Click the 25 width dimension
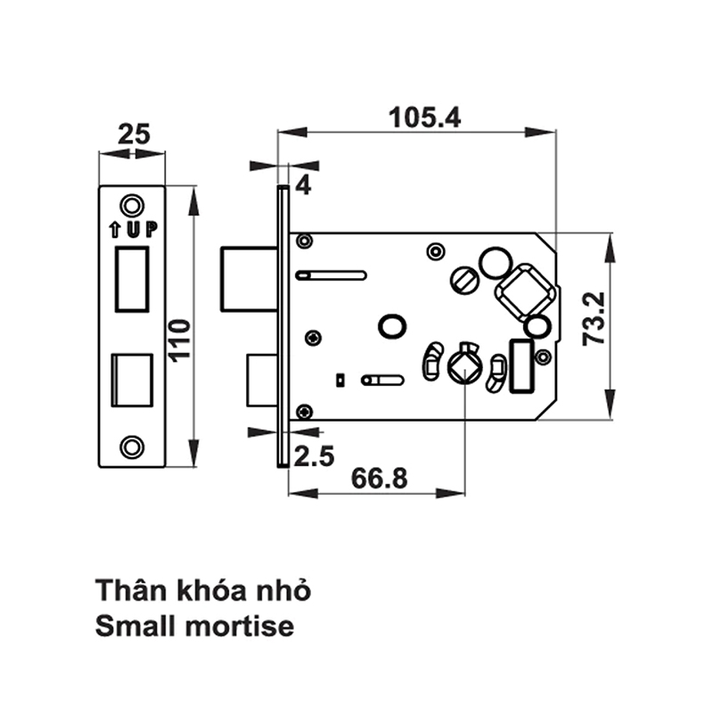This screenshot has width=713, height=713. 133,135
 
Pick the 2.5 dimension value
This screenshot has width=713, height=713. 313,457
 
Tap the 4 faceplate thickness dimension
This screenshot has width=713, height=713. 303,186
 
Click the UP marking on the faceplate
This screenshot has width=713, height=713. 133,230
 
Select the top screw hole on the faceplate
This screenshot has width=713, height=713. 132,204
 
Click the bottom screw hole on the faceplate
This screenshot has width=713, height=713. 132,447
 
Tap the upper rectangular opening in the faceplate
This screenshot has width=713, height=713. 132,279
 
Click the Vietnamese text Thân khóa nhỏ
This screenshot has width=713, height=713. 204,591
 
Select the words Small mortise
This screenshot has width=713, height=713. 193,626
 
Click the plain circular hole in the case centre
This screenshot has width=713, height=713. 390,326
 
